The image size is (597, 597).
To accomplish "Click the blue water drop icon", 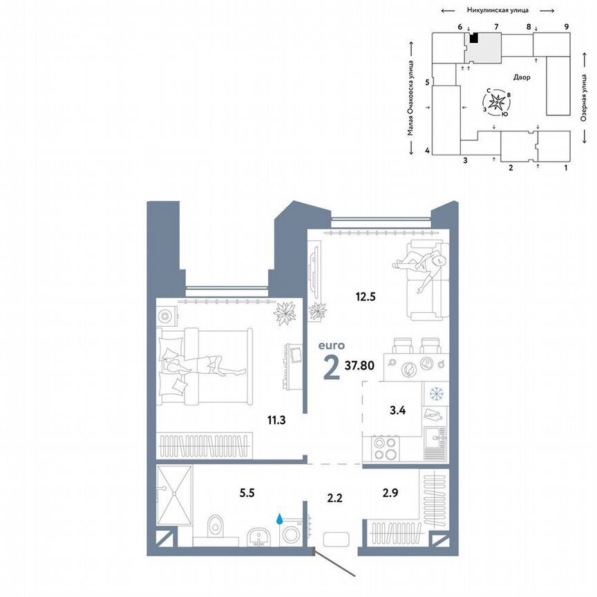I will click(x=281, y=518).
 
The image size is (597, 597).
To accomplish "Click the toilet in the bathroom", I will click(x=216, y=526).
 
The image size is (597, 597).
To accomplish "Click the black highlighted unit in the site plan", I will click(x=474, y=38).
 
